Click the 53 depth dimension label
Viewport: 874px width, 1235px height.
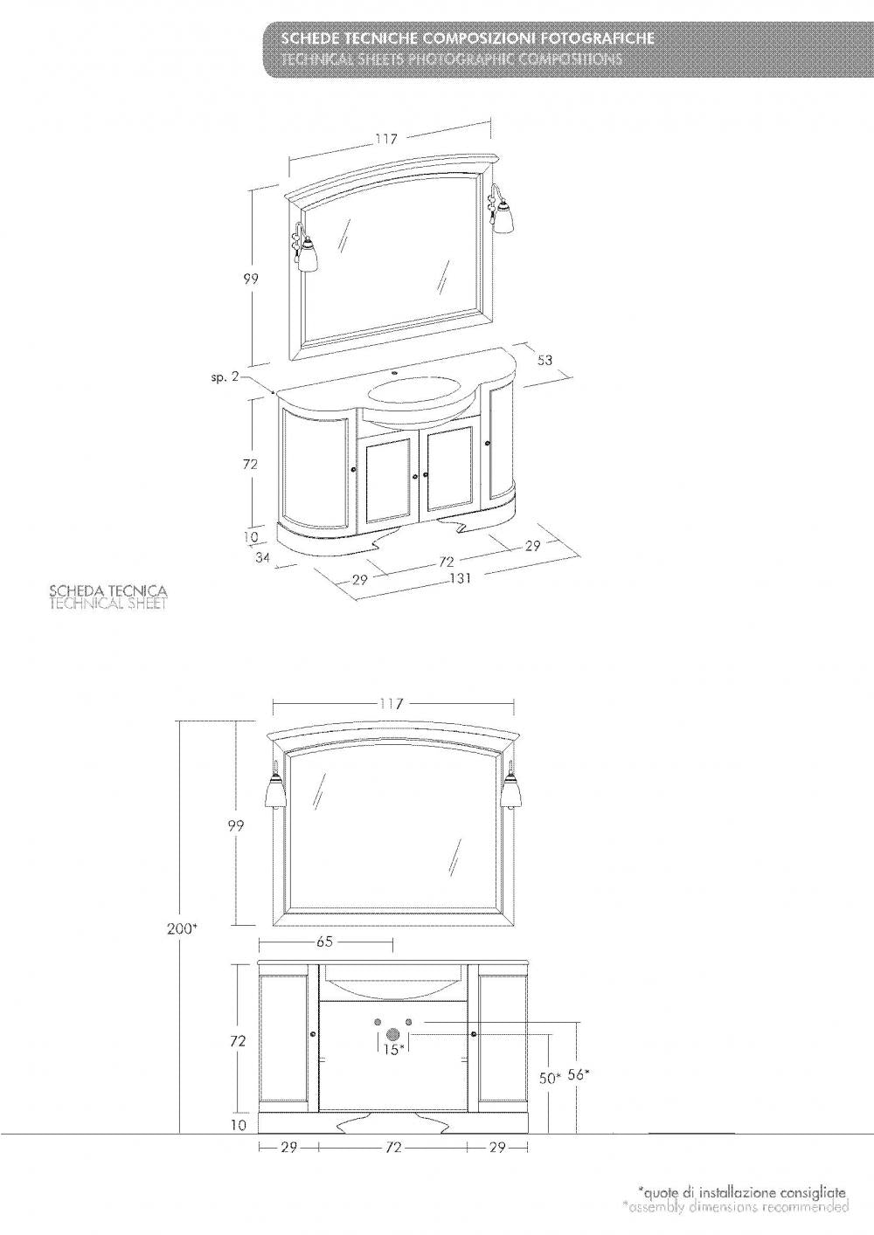[545, 360]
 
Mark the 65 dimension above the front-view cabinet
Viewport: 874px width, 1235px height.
[323, 943]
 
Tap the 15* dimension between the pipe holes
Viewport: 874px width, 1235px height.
[392, 1049]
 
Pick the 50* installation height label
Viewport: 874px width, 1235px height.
[549, 1079]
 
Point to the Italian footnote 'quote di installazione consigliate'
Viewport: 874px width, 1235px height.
[742, 1191]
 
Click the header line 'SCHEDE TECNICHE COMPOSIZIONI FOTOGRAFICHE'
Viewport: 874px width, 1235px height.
[464, 41]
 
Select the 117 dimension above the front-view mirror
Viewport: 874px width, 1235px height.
[392, 704]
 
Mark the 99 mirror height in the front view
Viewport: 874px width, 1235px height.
[235, 824]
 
